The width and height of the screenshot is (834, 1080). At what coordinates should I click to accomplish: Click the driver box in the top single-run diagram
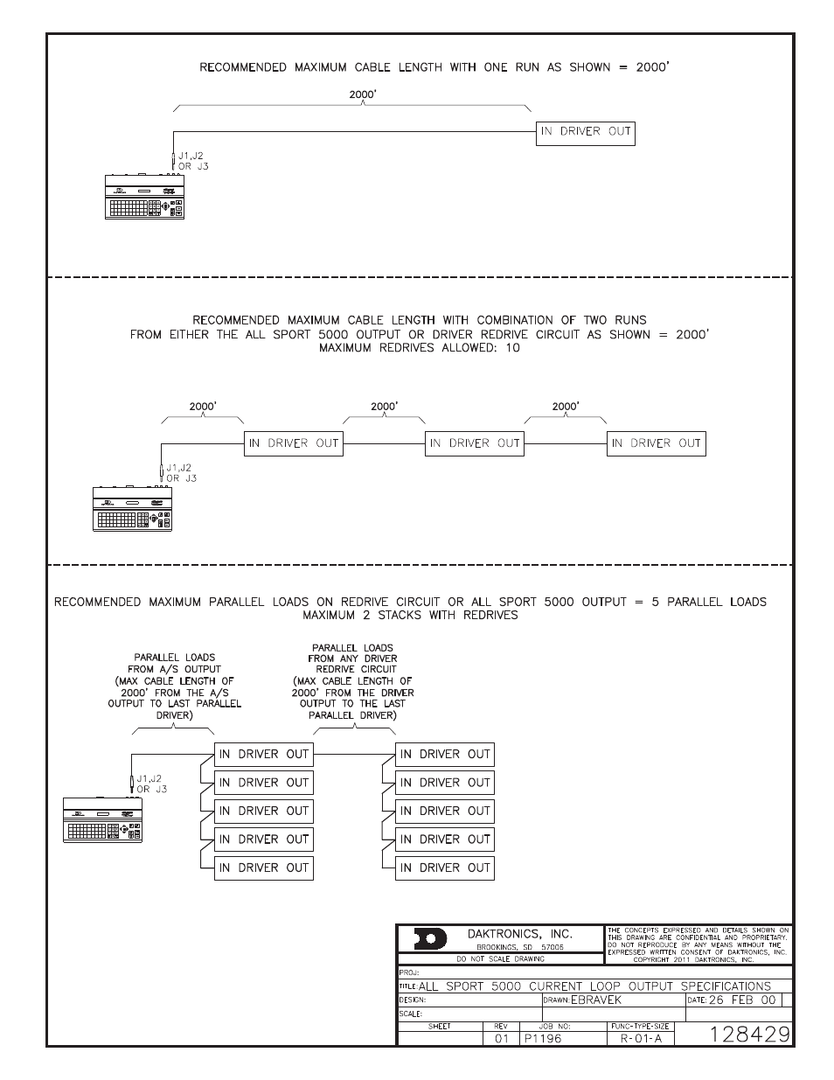(585, 133)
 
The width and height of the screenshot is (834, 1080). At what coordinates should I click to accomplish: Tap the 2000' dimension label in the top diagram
(362, 93)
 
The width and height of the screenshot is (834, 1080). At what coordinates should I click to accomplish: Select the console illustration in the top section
(144, 198)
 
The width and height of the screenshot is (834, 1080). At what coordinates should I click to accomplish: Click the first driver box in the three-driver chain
(292, 443)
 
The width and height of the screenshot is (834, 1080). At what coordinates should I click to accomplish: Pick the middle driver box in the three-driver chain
(474, 443)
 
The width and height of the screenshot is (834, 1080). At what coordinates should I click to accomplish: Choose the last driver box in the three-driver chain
(656, 443)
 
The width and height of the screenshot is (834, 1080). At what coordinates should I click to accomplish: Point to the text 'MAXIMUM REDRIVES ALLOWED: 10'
(419, 348)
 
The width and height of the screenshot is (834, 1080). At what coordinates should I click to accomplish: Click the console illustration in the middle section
(132, 510)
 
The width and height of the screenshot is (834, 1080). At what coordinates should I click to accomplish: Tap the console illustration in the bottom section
(102, 821)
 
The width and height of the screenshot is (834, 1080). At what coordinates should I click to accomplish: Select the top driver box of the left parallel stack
(263, 754)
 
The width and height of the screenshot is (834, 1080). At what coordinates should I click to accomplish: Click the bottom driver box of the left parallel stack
(263, 867)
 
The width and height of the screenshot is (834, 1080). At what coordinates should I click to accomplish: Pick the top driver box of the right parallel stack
(445, 754)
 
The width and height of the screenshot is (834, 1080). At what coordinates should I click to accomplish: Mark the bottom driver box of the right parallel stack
(445, 867)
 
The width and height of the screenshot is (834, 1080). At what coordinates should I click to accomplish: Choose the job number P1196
(542, 1038)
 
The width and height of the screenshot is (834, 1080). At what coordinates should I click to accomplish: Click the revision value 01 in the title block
(501, 1038)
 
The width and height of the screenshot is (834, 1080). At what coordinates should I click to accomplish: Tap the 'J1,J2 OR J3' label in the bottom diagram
(148, 784)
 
